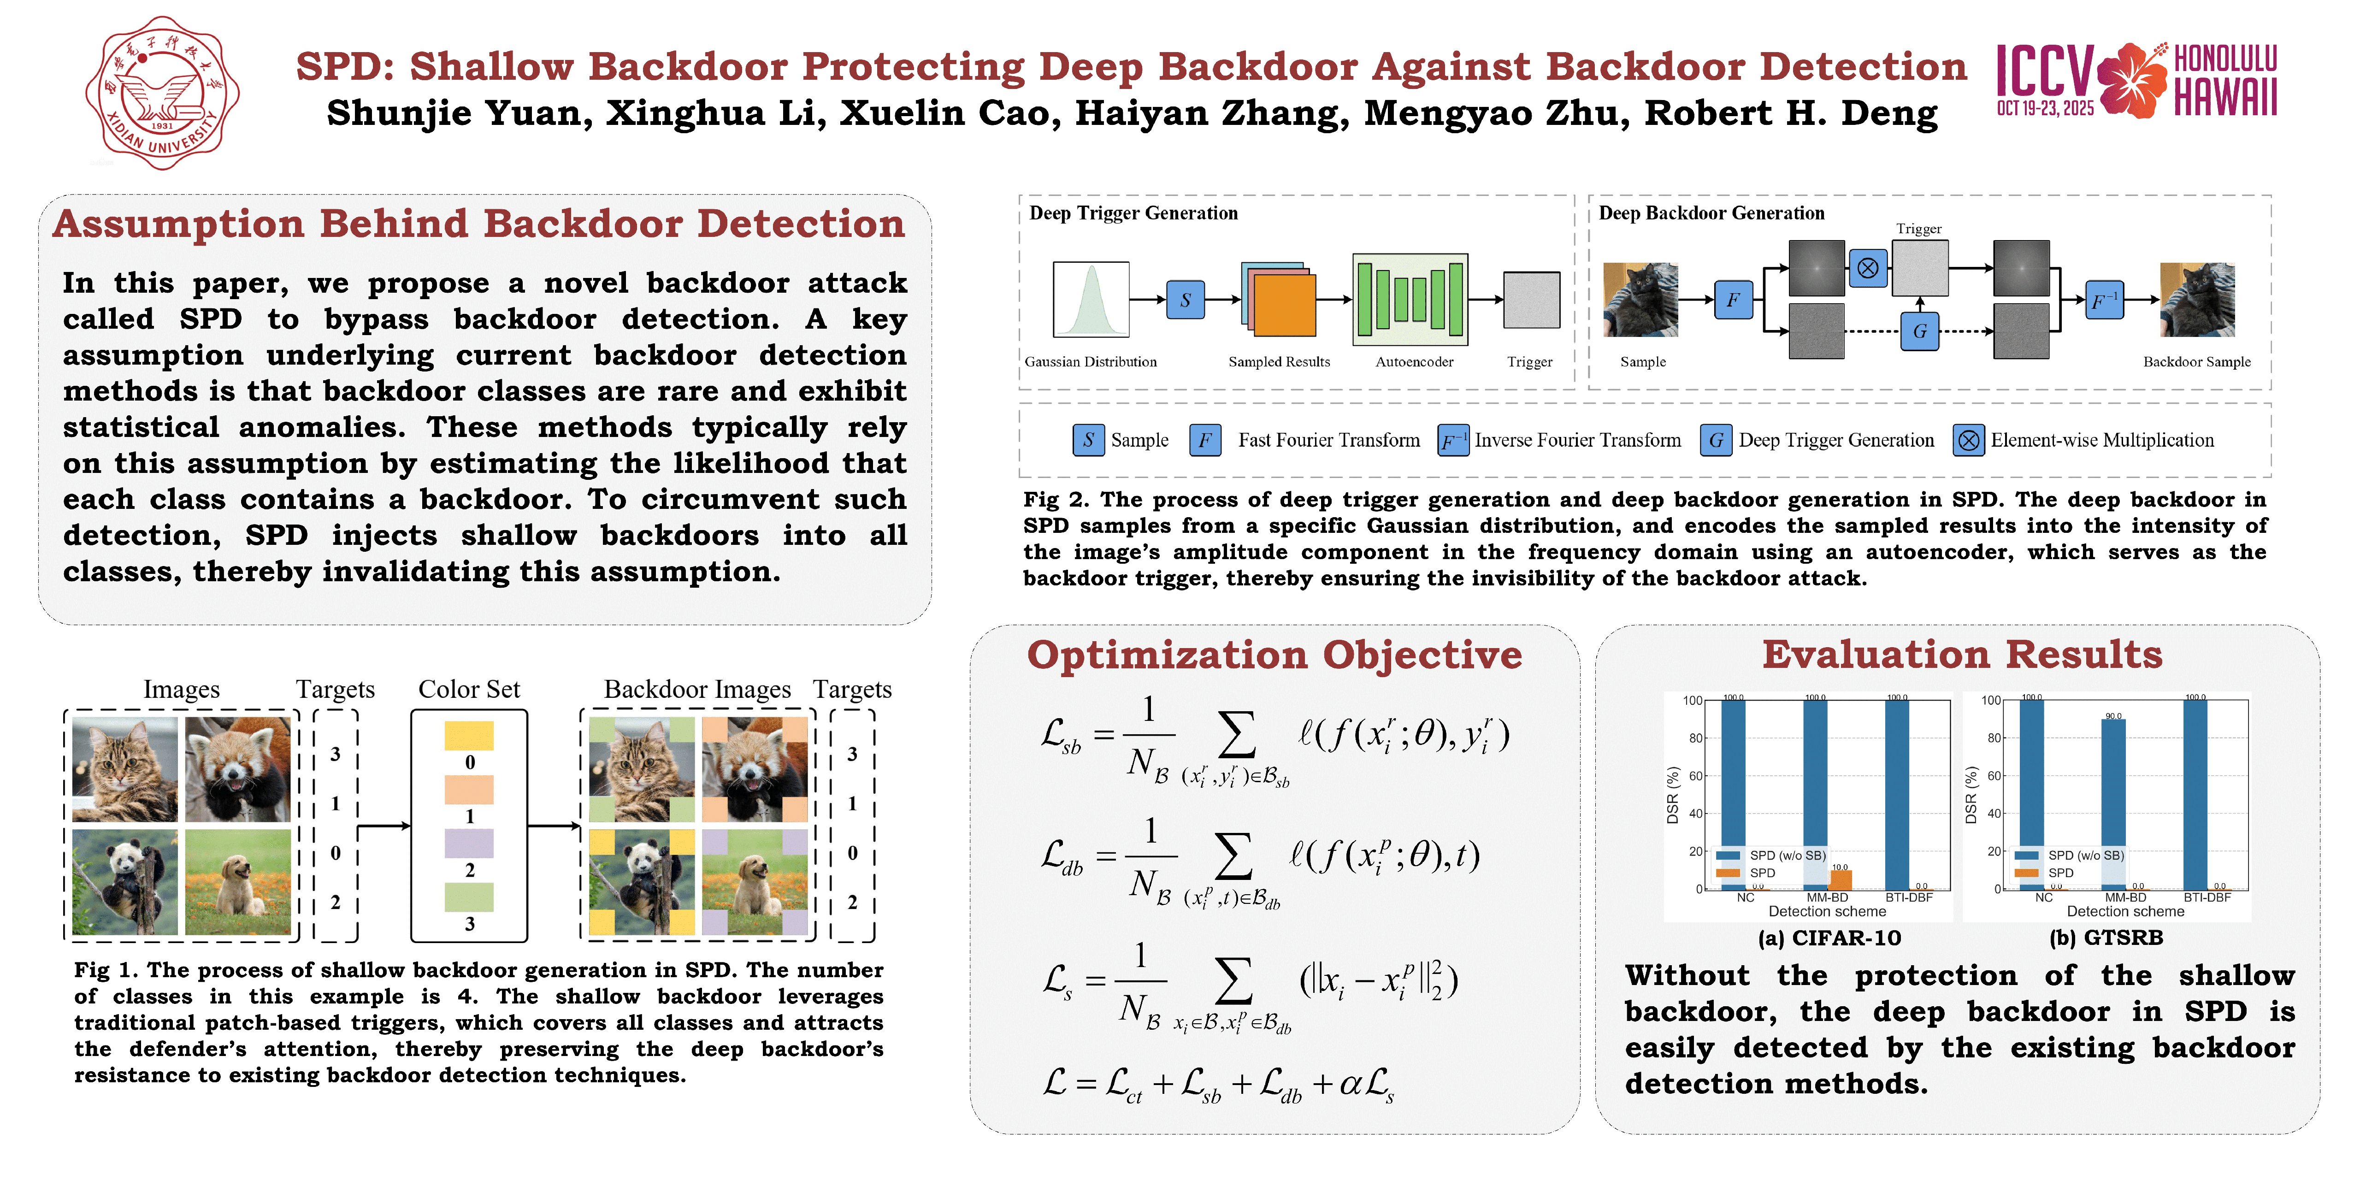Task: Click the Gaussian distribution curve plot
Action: [1090, 300]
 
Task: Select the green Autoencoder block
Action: [1410, 300]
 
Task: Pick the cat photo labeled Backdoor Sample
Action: [2197, 300]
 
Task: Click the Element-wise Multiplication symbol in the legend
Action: [1968, 441]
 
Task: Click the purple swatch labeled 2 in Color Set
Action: [469, 843]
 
